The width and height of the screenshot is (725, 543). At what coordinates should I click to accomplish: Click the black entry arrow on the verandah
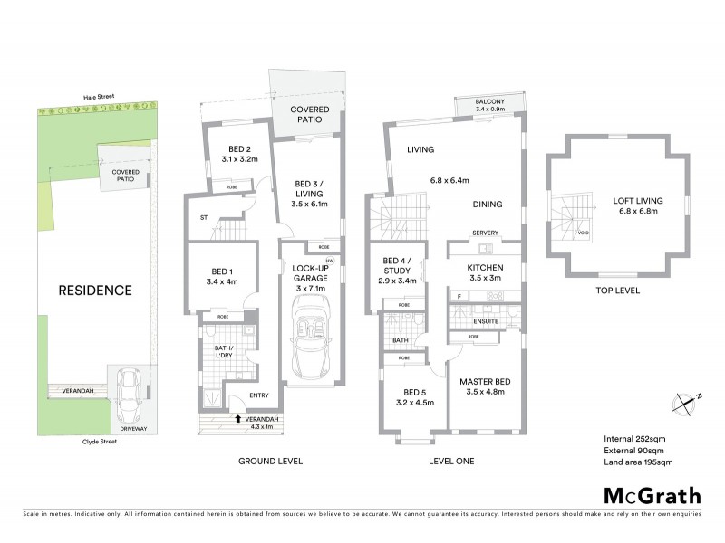point(237,418)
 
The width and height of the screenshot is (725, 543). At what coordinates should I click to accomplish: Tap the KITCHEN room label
point(484,269)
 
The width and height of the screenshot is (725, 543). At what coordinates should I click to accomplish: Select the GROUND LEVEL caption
point(270,461)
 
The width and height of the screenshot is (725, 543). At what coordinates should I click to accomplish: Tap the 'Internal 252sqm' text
point(636,439)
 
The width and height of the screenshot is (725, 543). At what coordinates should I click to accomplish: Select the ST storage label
point(205,217)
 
